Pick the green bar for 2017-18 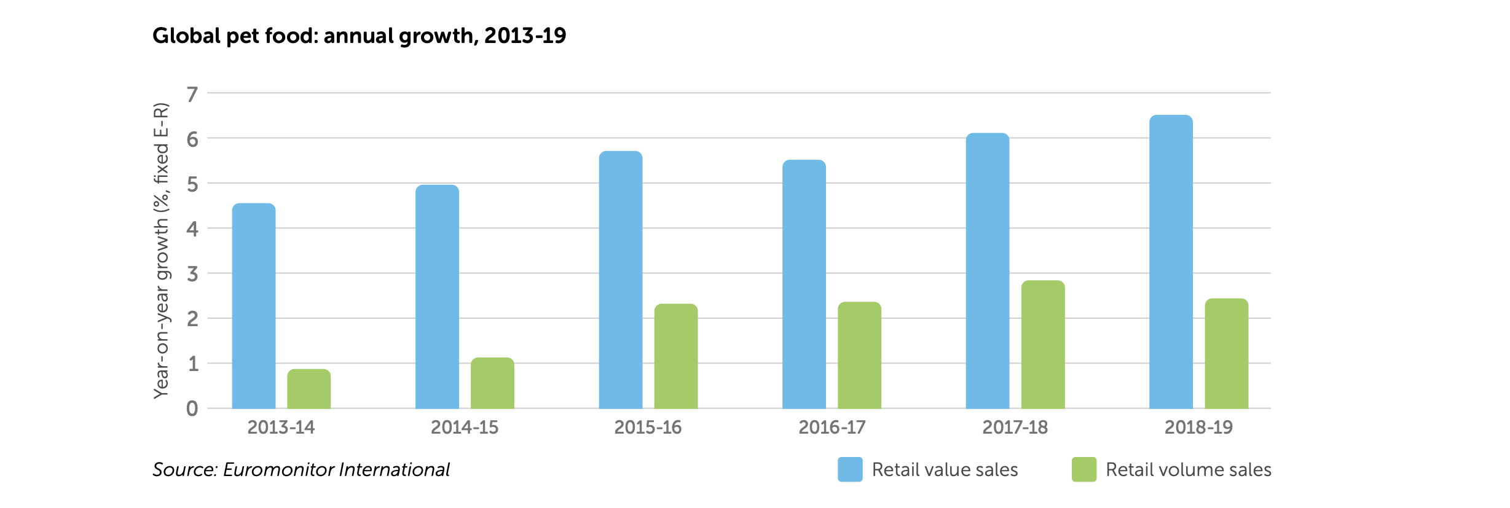click(1042, 345)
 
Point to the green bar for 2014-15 click(492, 383)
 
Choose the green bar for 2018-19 click(1226, 354)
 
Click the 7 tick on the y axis click(192, 94)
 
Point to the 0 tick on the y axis click(192, 408)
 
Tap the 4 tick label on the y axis click(192, 229)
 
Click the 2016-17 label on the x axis click(832, 427)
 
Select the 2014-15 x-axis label click(465, 427)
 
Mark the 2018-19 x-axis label click(1198, 427)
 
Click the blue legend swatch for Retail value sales click(850, 469)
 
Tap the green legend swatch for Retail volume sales click(1083, 469)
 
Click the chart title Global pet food click(359, 36)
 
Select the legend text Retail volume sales click(1188, 469)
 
